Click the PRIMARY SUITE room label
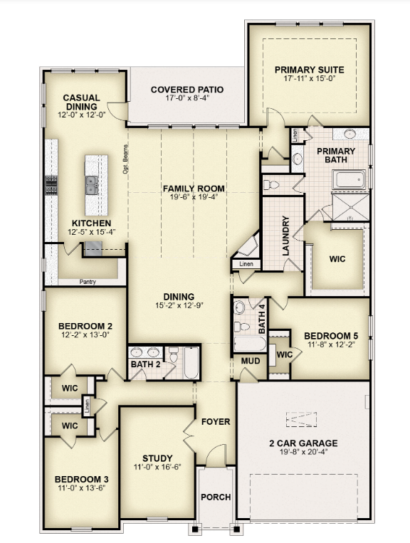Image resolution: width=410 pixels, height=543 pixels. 309,70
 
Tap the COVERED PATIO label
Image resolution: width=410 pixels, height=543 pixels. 187,90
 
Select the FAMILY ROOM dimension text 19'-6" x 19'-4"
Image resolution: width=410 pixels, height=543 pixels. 194,196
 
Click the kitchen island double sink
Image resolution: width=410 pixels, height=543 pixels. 92,185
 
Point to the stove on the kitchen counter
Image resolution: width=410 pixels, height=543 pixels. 51,185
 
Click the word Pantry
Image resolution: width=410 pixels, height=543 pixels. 88,282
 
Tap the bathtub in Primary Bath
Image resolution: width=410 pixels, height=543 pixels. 349,180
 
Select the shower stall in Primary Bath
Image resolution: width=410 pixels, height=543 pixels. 350,207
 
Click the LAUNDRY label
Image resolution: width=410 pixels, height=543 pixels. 285,236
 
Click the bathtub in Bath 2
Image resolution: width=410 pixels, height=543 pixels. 191,362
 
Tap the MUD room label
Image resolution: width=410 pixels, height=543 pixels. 251,361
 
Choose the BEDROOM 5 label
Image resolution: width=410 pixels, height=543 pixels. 331,336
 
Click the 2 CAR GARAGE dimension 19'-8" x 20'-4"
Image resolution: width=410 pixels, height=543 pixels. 303,452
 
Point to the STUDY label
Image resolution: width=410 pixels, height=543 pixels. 157,458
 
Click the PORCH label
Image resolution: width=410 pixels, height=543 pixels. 216,497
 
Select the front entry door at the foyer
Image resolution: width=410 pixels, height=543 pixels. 216,454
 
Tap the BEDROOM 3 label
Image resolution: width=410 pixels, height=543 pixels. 82,479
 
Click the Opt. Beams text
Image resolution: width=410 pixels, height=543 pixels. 125,159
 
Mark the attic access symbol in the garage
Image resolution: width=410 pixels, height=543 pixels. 301,419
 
